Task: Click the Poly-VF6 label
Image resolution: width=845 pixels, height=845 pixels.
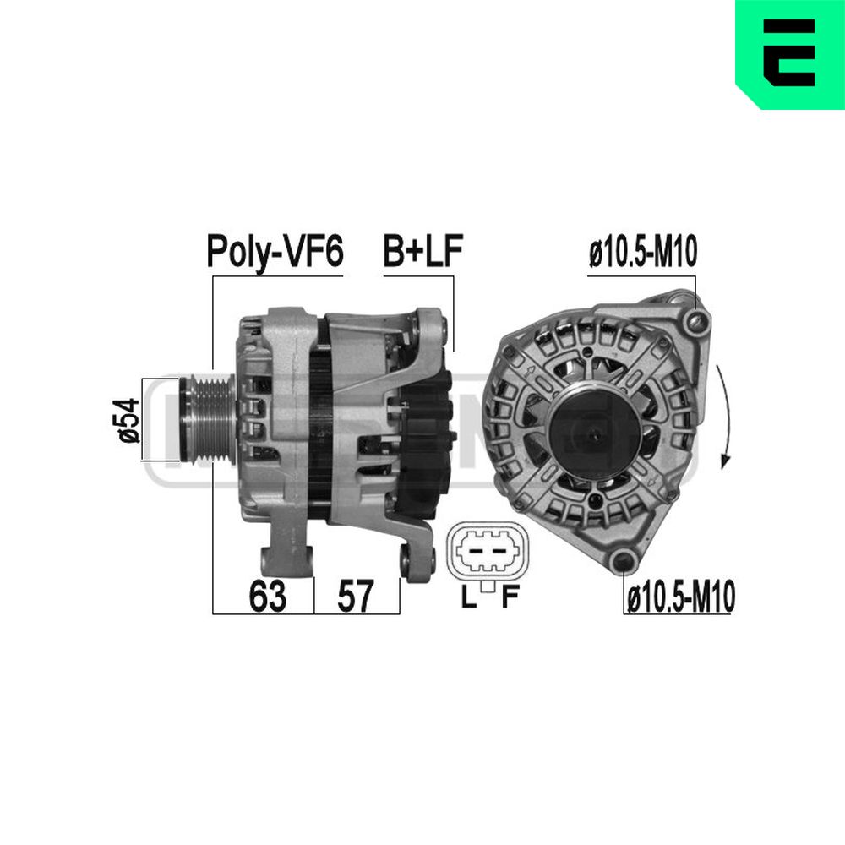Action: pos(275,251)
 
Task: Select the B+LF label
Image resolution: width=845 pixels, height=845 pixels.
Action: pos(423,251)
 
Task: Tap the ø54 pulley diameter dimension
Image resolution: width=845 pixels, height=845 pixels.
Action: pos(128,420)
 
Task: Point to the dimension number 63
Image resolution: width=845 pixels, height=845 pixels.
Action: pos(267,596)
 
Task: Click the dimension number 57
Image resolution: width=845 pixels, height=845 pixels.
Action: pos(355,596)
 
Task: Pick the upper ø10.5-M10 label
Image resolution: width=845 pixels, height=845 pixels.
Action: pos(643,252)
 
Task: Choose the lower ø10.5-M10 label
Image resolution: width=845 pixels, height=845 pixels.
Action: pos(681,597)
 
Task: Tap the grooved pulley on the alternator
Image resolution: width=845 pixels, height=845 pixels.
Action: pos(208,420)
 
